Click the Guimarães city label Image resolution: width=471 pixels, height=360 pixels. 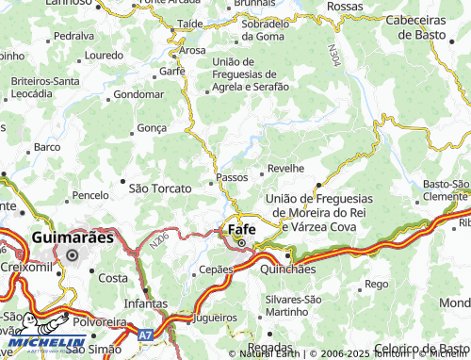pyautogui.click(x=73, y=237)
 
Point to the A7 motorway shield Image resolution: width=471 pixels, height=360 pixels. pyautogui.click(x=142, y=335)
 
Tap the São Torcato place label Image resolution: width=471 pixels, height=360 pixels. pyautogui.click(x=159, y=188)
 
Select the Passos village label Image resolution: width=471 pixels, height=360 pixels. pyautogui.click(x=232, y=176)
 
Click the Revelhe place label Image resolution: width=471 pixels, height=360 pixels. pyautogui.click(x=285, y=168)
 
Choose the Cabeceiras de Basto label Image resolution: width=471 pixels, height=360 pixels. pyautogui.click(x=415, y=27)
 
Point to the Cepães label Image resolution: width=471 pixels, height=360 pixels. pyautogui.click(x=216, y=269)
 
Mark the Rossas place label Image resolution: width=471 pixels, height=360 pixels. pyautogui.click(x=344, y=7)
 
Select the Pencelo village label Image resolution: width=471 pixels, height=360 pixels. pyautogui.click(x=90, y=195)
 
